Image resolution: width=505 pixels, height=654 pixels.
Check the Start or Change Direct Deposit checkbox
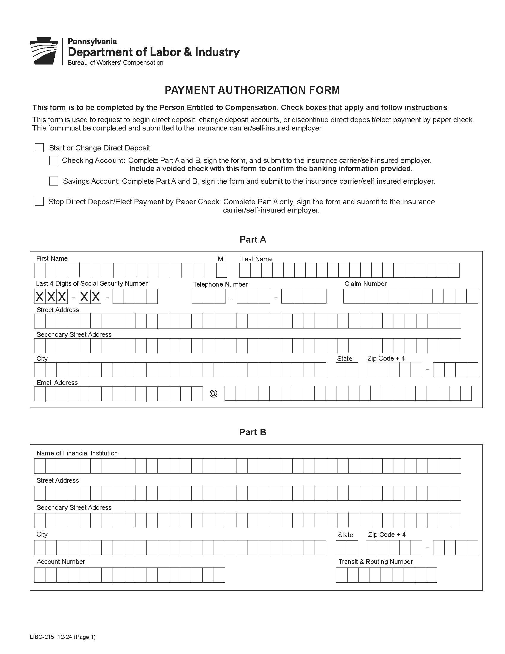point(39,148)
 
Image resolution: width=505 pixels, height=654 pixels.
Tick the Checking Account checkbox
point(53,161)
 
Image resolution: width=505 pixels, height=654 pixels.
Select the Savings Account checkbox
point(53,181)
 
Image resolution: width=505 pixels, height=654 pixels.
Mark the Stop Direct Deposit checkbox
point(39,201)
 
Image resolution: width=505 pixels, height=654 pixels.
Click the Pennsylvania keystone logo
point(44,51)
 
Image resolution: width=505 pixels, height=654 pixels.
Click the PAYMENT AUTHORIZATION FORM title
point(252,90)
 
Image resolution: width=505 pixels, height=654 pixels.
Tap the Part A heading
point(252,239)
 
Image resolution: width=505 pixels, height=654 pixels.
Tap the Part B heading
point(252,432)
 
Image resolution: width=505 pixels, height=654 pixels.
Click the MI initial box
point(222,270)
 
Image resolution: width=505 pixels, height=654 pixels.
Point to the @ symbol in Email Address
point(213,393)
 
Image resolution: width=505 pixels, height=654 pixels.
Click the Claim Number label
point(365,284)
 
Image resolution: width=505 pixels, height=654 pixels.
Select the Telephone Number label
point(220,284)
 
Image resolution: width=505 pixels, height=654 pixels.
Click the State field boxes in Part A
point(346,370)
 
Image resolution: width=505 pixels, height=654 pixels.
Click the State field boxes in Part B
point(346,548)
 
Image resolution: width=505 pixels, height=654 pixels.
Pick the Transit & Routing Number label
point(375,562)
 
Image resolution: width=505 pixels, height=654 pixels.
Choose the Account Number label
point(61,562)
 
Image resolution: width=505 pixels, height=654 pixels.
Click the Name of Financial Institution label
point(77,453)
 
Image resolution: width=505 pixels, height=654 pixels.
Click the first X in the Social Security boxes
point(40,296)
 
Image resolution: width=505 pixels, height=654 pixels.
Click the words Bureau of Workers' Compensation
point(115,63)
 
